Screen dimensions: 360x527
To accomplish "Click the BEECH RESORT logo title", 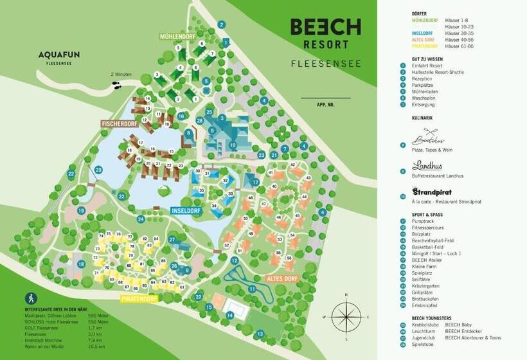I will pyautogui.click(x=325, y=34).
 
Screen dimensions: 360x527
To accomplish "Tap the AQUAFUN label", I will pyautogui.click(x=58, y=56).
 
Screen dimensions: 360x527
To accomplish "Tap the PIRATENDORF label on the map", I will pyautogui.click(x=139, y=299).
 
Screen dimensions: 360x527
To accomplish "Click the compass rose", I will pyautogui.click(x=346, y=316).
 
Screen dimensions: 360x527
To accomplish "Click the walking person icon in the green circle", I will pyautogui.click(x=31, y=298).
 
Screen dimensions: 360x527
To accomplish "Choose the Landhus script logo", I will pyautogui.click(x=427, y=165).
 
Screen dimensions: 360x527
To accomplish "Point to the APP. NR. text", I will pyautogui.click(x=325, y=104).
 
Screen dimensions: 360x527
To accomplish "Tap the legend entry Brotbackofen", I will pyautogui.click(x=425, y=305).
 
